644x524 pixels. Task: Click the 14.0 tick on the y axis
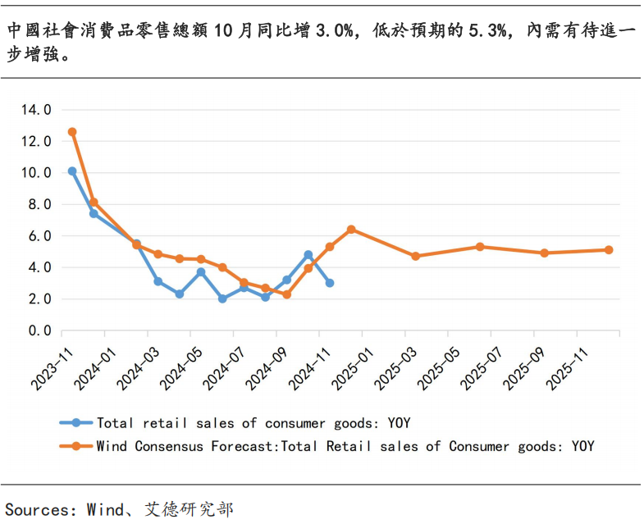click(x=36, y=109)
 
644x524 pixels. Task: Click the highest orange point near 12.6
click(x=72, y=132)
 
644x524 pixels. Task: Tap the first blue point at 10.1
click(x=72, y=171)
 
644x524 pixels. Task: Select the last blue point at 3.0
click(x=329, y=283)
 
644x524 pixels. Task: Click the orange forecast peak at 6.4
click(x=351, y=230)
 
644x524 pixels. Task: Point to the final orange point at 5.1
click(x=609, y=250)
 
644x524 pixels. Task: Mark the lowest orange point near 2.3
click(x=286, y=294)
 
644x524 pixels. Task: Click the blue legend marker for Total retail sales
click(x=76, y=423)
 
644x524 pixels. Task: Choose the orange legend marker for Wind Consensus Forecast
click(x=76, y=446)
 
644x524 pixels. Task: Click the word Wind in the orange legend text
click(x=112, y=446)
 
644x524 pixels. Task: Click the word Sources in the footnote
click(x=38, y=509)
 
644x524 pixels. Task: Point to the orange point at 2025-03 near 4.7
click(x=415, y=256)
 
